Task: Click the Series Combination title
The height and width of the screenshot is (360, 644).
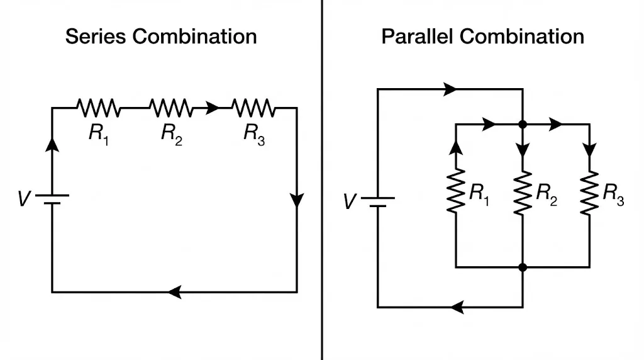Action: [x=161, y=36]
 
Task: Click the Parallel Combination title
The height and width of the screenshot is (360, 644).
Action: [x=482, y=36]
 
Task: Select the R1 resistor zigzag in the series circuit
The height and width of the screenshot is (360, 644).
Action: [x=98, y=108]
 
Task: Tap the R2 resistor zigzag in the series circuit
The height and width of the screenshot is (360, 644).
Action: [x=171, y=108]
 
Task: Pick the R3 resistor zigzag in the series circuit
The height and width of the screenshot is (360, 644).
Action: [x=253, y=108]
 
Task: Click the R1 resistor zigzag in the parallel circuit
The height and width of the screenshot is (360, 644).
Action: [x=455, y=191]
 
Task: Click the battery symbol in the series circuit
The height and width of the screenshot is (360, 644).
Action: [x=52, y=200]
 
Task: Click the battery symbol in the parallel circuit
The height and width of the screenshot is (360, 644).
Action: [x=377, y=202]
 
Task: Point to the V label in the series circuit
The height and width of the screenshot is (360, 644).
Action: [x=24, y=200]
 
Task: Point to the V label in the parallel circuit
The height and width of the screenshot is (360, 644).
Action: [x=350, y=202]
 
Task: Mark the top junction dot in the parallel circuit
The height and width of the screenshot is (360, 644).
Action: [x=522, y=125]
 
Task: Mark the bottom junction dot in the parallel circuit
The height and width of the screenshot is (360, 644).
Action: [x=522, y=267]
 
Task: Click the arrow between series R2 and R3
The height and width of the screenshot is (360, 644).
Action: [x=212, y=108]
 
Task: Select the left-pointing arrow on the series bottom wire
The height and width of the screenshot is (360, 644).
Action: [x=175, y=292]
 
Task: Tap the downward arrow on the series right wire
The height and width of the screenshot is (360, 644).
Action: [x=297, y=201]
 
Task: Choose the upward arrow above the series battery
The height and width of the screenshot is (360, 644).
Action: [x=52, y=144]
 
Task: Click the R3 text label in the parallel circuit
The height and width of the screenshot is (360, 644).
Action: [x=613, y=193]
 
